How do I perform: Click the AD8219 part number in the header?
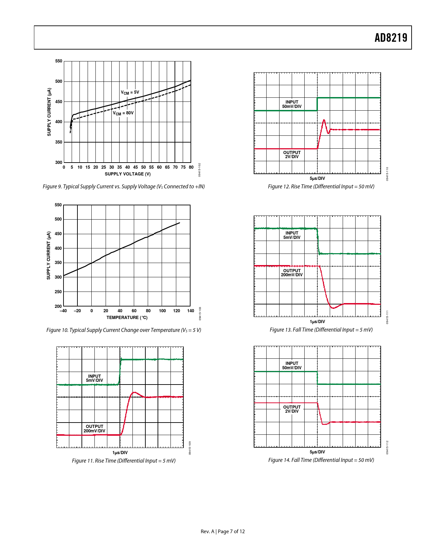[x=391, y=38]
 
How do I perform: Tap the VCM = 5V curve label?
[x=130, y=92]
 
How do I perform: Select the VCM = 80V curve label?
[x=123, y=113]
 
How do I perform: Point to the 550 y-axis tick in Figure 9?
[x=59, y=61]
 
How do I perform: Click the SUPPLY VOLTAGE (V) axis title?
[x=127, y=174]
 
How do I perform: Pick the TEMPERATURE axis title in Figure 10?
[x=127, y=318]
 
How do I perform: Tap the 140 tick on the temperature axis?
[x=191, y=311]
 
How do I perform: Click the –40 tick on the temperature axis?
[x=63, y=311]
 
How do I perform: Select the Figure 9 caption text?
[x=124, y=187]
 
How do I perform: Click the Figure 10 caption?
[x=124, y=330]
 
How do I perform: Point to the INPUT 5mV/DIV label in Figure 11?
[x=94, y=378]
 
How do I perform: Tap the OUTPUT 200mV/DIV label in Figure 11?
[x=94, y=429]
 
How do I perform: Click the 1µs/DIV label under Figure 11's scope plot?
[x=120, y=453]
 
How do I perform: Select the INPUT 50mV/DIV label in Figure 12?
[x=292, y=104]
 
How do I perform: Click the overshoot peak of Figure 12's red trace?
[x=324, y=120]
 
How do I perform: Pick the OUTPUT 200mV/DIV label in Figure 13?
[x=292, y=273]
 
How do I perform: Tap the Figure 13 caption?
[x=321, y=330]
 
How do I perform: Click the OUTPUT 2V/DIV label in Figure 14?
[x=292, y=409]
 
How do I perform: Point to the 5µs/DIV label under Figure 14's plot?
[x=317, y=452]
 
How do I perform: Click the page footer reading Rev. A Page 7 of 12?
[x=222, y=531]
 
